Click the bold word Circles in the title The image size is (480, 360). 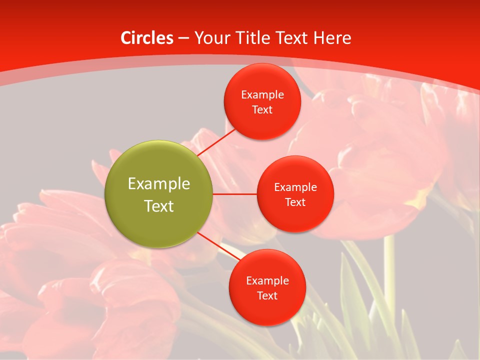pyautogui.click(x=147, y=38)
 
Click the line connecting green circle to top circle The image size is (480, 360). pyautogui.click(x=216, y=142)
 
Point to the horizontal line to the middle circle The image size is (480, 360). pyautogui.click(x=234, y=194)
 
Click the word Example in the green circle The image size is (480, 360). pyautogui.click(x=158, y=184)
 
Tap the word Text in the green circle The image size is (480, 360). pyautogui.click(x=158, y=206)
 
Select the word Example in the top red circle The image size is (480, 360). pyautogui.click(x=262, y=95)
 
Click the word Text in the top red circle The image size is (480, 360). pyautogui.click(x=262, y=110)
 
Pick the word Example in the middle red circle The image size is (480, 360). pyautogui.click(x=295, y=187)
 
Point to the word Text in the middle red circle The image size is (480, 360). pyautogui.click(x=295, y=202)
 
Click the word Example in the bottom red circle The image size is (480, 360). pyautogui.click(x=267, y=281)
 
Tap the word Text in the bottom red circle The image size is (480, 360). pyautogui.click(x=267, y=296)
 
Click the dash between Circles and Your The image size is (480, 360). pyautogui.click(x=183, y=38)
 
